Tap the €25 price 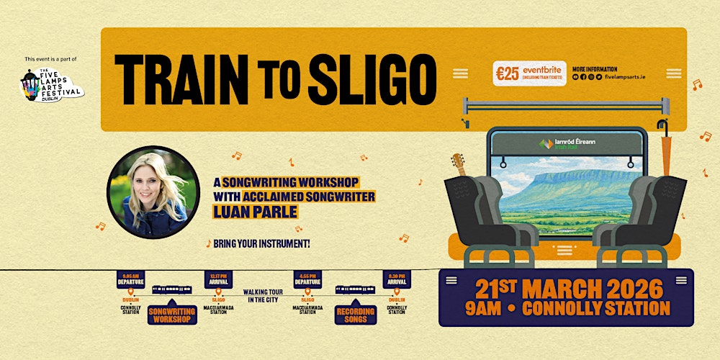[x=508, y=73]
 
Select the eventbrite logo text [x=544, y=69]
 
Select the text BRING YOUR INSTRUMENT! [x=262, y=243]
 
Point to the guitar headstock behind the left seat [x=458, y=164]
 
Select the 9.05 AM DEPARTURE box [x=131, y=279]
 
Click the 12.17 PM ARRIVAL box [x=218, y=279]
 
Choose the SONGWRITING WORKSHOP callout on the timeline [x=173, y=315]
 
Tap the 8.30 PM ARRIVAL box [x=397, y=279]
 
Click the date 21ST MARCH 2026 [x=569, y=289]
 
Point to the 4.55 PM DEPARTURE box [x=308, y=279]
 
